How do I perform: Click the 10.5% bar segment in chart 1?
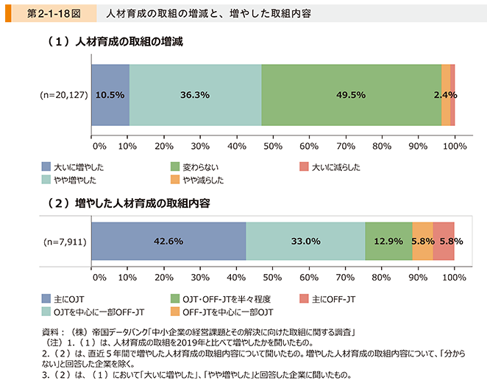point(110,94)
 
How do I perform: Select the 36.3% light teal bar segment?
point(195,94)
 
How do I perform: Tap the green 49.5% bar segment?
point(351,94)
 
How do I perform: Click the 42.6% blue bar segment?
point(168,241)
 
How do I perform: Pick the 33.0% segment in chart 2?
point(305,241)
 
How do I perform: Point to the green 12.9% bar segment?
point(388,241)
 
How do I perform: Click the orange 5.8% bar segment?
point(422,241)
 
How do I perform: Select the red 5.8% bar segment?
point(444,241)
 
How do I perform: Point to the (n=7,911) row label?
point(65,241)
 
